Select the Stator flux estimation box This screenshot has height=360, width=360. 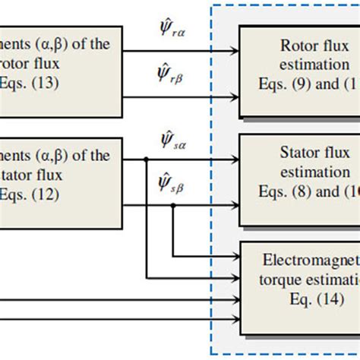(x=299, y=178)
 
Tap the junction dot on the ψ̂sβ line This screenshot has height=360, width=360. (x=174, y=203)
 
